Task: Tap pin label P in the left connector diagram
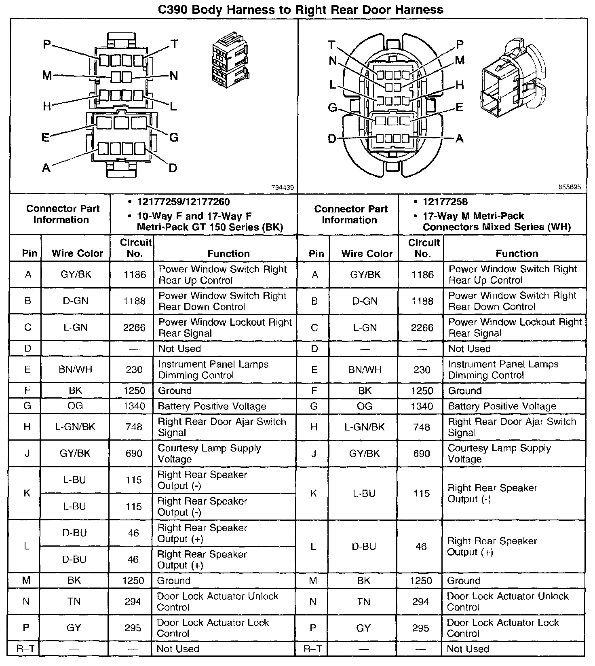[47, 44]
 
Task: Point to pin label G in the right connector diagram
[332, 108]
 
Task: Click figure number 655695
[570, 187]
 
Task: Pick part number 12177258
[445, 202]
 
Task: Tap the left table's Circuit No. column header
[135, 248]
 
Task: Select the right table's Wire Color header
[367, 254]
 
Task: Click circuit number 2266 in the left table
[134, 327]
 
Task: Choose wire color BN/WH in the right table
[365, 370]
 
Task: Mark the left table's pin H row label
[27, 427]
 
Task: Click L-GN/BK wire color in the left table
[75, 427]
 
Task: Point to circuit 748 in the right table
[422, 427]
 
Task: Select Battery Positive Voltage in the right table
[502, 406]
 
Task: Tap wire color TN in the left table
[74, 602]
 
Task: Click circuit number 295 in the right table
[420, 628]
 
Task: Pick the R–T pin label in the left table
[26, 649]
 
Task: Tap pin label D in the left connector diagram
[173, 168]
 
